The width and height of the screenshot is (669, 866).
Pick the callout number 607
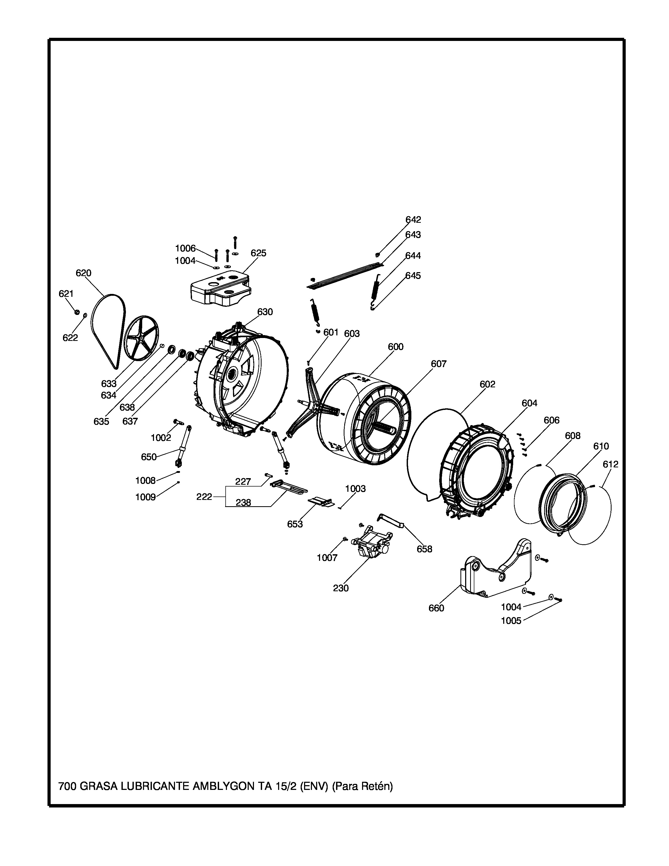pos(439,364)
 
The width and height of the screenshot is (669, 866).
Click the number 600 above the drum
pos(396,347)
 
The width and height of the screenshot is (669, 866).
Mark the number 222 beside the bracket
pos(204,497)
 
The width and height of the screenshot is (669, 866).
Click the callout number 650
pos(149,457)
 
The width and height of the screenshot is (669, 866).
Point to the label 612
pos(610,464)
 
